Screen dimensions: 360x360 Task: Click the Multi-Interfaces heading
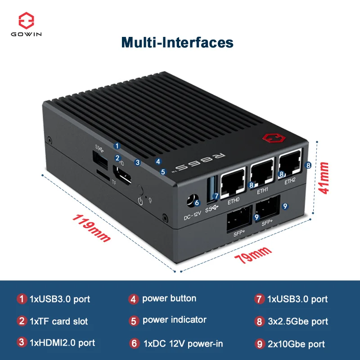click(177, 42)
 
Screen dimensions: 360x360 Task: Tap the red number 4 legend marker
click(133, 299)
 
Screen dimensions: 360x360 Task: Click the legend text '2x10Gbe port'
click(296, 344)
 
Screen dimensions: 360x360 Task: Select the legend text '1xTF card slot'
click(58, 321)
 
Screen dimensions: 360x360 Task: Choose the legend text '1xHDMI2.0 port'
click(62, 343)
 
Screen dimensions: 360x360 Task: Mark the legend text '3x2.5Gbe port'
click(297, 321)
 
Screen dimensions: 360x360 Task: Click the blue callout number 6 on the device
click(197, 203)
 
